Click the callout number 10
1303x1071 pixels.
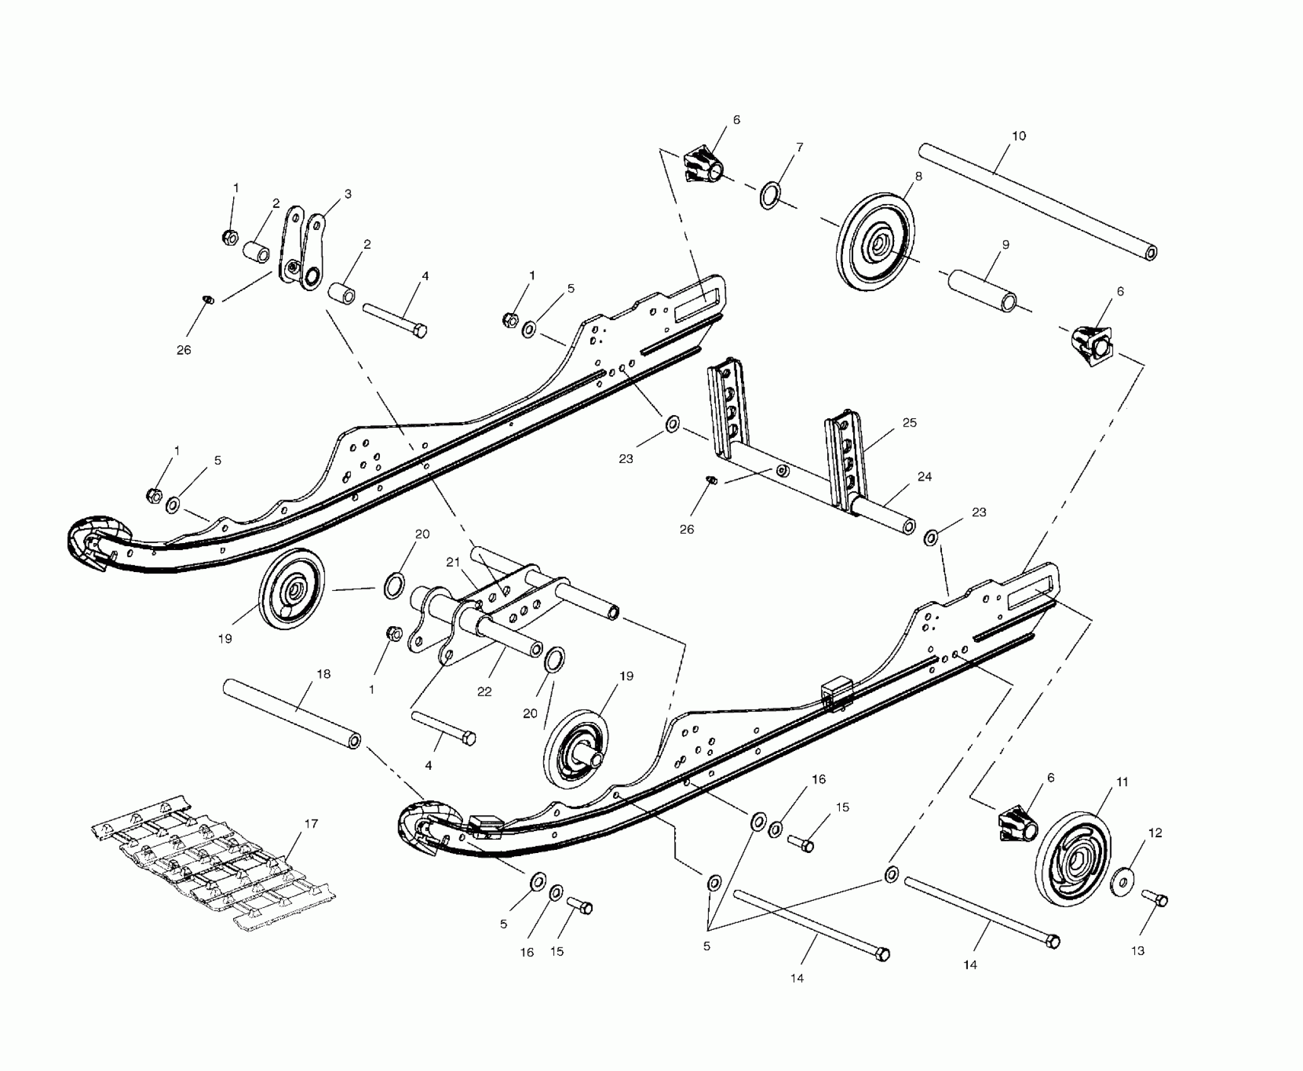[1019, 136]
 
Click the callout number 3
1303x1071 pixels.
[347, 194]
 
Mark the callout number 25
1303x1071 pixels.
[910, 423]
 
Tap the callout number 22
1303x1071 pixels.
[484, 692]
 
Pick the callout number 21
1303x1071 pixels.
[454, 562]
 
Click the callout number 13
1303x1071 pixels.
[1137, 951]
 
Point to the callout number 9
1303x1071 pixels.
[1006, 244]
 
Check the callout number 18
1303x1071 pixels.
[323, 674]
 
